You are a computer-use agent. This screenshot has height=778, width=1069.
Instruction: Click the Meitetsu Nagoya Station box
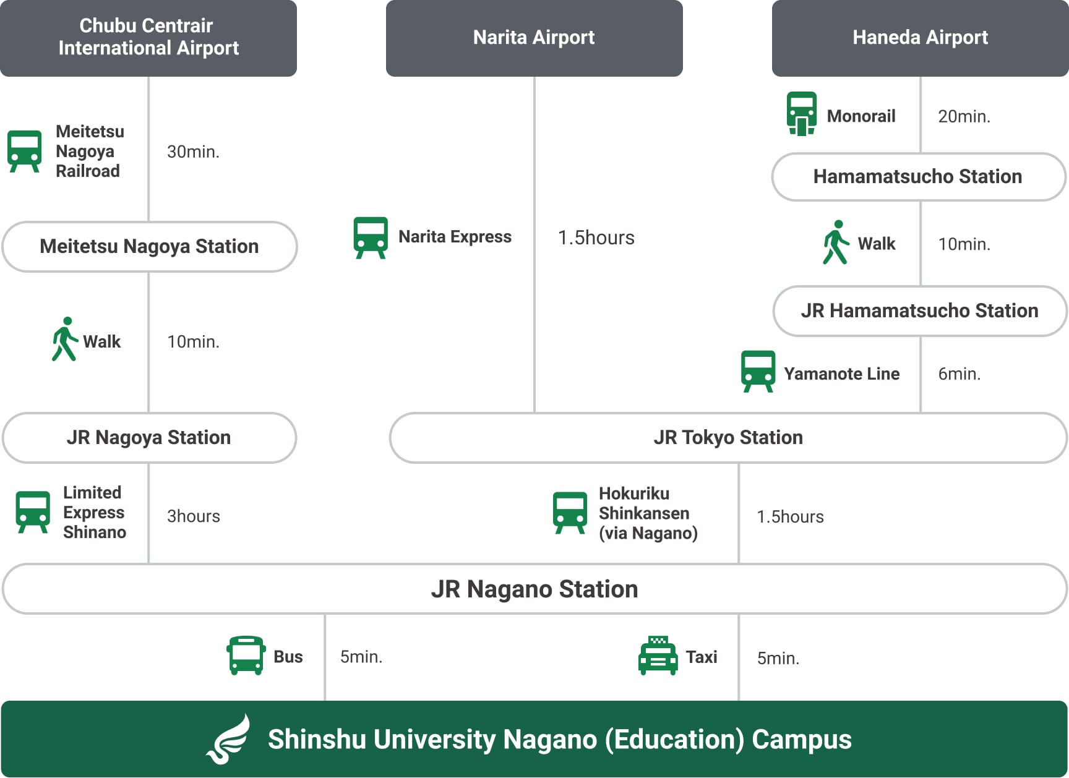pyautogui.click(x=149, y=246)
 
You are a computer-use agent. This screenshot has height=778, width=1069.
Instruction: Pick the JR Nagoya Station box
pyautogui.click(x=149, y=437)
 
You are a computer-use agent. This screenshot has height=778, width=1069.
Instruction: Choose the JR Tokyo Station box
pyautogui.click(x=728, y=437)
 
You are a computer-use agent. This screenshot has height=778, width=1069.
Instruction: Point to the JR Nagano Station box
pyautogui.click(x=534, y=589)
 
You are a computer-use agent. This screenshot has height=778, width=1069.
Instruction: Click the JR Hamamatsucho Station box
pyautogui.click(x=919, y=310)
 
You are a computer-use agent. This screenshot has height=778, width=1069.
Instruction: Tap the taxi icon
pyautogui.click(x=658, y=656)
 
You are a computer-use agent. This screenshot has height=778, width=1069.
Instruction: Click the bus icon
pyautogui.click(x=246, y=656)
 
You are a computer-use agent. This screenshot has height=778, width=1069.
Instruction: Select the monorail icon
pyautogui.click(x=802, y=114)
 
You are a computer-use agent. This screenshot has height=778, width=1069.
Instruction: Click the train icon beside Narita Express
pyautogui.click(x=371, y=237)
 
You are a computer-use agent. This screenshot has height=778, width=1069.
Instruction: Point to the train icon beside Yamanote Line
pyautogui.click(x=758, y=372)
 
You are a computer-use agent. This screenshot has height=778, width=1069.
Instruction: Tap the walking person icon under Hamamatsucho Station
pyautogui.click(x=835, y=242)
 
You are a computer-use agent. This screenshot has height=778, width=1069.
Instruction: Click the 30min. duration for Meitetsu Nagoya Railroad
pyautogui.click(x=193, y=152)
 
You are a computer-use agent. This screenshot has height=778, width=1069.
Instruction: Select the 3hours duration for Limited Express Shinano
pyautogui.click(x=193, y=516)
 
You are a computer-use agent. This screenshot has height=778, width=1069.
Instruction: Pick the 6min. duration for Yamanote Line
pyautogui.click(x=959, y=374)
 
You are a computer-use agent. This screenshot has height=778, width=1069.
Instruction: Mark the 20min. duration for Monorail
pyautogui.click(x=964, y=116)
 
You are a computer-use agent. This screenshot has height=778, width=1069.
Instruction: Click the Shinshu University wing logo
pyautogui.click(x=228, y=739)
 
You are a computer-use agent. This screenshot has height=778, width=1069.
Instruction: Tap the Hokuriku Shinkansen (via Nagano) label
pyautogui.click(x=647, y=513)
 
